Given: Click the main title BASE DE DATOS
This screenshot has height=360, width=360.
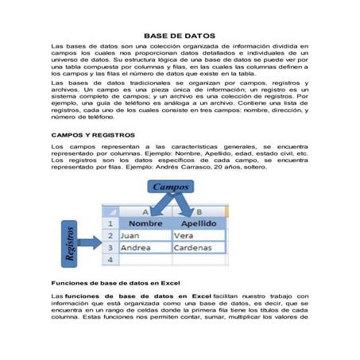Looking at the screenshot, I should (x=180, y=37).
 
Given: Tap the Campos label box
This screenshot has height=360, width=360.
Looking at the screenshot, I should (x=169, y=188).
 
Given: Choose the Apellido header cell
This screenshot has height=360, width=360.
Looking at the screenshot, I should (x=198, y=224).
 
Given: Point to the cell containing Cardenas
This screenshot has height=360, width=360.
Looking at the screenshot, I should (x=198, y=247).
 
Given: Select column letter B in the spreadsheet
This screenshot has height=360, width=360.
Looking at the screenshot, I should (x=197, y=212).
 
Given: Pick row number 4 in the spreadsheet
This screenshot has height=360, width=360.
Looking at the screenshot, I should (x=110, y=259).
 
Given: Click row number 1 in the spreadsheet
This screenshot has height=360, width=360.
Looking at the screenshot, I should (x=110, y=224).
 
